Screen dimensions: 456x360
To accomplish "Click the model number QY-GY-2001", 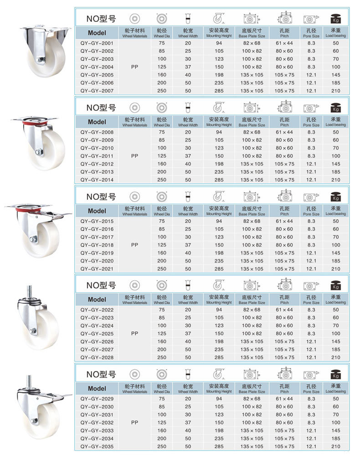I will click(97, 43).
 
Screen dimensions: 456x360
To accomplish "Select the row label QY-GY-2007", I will click(97, 91).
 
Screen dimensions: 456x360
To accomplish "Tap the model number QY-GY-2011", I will click(97, 156).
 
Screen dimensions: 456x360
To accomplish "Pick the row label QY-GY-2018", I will click(97, 245).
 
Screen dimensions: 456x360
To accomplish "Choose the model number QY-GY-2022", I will click(97, 310).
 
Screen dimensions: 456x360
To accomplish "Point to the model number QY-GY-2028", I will click(97, 358).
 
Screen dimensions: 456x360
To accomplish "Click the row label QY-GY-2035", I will click(97, 446).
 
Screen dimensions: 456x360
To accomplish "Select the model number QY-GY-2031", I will click(97, 415).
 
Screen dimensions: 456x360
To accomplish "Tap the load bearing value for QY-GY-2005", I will click(336, 75).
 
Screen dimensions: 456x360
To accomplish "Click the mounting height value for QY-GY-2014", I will click(220, 180).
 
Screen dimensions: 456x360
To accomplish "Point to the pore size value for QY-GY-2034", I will click(311, 439).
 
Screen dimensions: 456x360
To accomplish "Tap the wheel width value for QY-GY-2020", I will click(188, 261).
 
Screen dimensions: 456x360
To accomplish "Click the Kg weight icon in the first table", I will click(336, 19).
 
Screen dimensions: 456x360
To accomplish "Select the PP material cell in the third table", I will click(134, 244).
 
